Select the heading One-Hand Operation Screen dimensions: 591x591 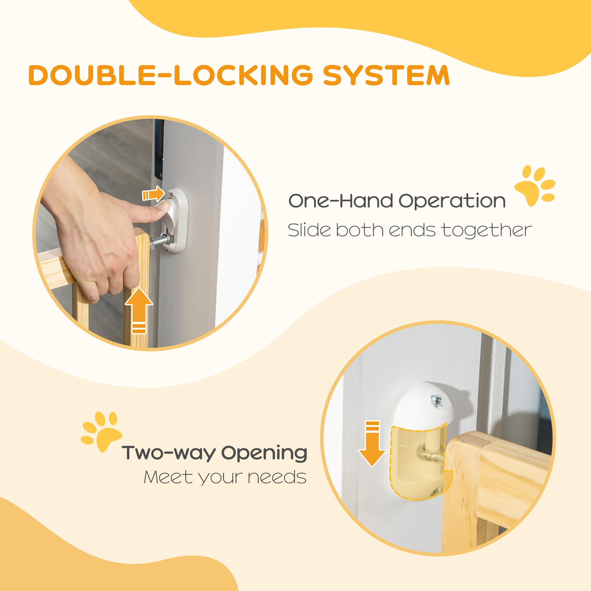397,201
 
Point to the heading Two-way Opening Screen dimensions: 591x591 215,453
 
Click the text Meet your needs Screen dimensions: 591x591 225,477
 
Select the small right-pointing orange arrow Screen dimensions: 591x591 153,194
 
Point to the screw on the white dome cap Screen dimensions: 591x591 435,399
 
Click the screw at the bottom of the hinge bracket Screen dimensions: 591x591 434,501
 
